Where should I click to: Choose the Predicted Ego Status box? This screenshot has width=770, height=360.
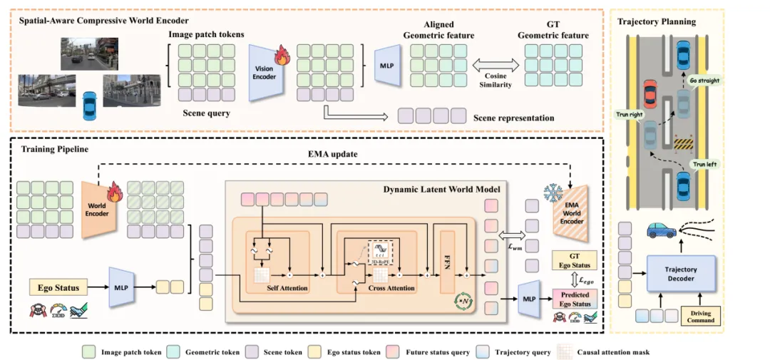(x=575, y=299)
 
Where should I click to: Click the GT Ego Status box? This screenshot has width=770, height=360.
(x=575, y=261)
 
